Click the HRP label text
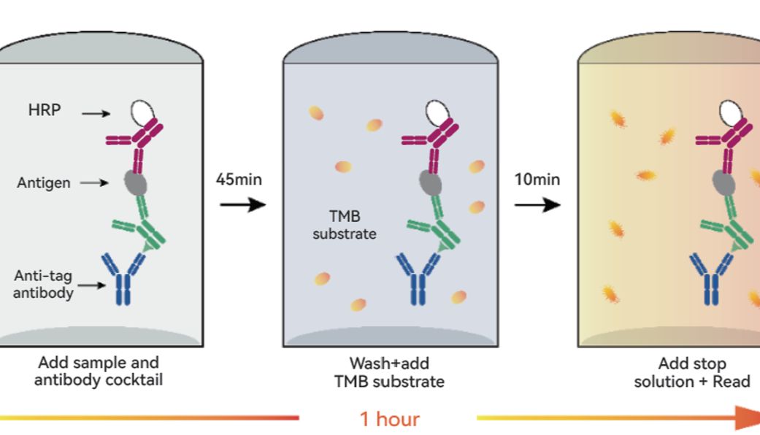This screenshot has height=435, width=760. coord(45,110)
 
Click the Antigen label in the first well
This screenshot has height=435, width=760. coord(44,182)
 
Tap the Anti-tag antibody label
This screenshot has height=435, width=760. coord(43,284)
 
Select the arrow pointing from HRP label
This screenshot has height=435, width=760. coord(96,114)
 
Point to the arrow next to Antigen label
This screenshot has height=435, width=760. coord(94,182)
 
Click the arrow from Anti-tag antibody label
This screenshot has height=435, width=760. coord(91,285)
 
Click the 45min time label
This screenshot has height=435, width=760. coord(239,180)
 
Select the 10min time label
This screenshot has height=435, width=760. coord(537,180)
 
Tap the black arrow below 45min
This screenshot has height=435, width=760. coord(243,204)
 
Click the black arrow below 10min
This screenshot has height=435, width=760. coord(537,204)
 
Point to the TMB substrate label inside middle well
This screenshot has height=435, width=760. coord(345,225)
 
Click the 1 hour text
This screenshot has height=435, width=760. coord(390,418)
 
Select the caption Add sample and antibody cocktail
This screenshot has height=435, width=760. coord(99,371)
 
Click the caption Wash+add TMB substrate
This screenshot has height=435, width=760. coord(389,372)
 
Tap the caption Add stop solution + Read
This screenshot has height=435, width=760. coord(692,372)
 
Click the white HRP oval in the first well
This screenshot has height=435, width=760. coord(142,112)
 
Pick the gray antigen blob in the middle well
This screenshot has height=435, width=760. coord(431,182)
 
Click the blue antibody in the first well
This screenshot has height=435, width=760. coord(123,279)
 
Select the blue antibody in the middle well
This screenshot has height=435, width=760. coord(418,279)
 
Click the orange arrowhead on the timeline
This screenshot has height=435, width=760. coord(748,417)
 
